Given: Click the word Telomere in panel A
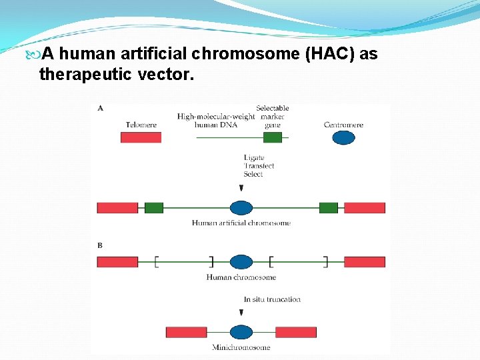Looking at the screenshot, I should [x=141, y=125].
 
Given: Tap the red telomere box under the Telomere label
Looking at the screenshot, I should [x=141, y=137].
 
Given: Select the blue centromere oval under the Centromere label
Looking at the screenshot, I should [x=343, y=138].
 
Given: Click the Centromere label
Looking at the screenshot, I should [x=343, y=125].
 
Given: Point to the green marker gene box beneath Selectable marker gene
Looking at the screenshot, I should [x=272, y=137].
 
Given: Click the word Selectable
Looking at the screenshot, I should [x=272, y=108].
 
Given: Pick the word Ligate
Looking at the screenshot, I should [x=254, y=158].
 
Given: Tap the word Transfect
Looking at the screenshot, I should [x=259, y=166].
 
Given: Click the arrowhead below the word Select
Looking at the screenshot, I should [x=241, y=189].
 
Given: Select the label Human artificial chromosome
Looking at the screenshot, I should [x=241, y=223].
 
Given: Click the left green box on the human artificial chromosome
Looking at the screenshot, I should [x=154, y=208].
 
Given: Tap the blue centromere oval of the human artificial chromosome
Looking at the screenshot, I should [x=241, y=208].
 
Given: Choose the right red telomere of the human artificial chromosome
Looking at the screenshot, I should [x=365, y=208].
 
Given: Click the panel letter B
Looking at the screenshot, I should [x=100, y=245].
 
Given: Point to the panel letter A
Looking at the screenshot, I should [x=100, y=108].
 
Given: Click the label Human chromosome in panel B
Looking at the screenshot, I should [x=241, y=277].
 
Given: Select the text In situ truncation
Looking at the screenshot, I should [x=271, y=299].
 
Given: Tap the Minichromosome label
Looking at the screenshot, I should [x=241, y=347].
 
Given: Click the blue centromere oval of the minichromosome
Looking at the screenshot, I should [x=241, y=332].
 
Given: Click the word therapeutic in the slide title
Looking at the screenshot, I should [x=85, y=75].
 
